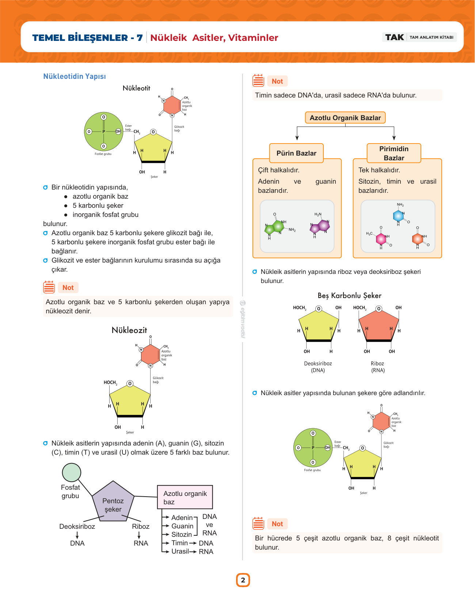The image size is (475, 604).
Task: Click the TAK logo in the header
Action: point(394,37)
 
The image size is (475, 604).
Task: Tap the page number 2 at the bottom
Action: point(243,580)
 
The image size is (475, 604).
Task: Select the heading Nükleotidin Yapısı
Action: point(75,76)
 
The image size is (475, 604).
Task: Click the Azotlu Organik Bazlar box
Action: point(345,118)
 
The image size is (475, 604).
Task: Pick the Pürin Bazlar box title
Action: point(296,153)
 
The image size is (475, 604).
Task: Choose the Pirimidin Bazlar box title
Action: point(394,153)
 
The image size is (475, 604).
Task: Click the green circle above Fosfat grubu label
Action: point(72,472)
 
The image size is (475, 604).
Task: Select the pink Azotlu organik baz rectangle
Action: point(185,497)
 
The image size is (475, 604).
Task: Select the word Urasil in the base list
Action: point(180,551)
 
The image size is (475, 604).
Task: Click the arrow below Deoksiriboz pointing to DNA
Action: point(77,535)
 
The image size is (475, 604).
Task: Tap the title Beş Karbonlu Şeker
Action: point(349,295)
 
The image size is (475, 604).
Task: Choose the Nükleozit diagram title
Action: point(129,330)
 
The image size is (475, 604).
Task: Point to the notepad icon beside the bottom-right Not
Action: point(258,524)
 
